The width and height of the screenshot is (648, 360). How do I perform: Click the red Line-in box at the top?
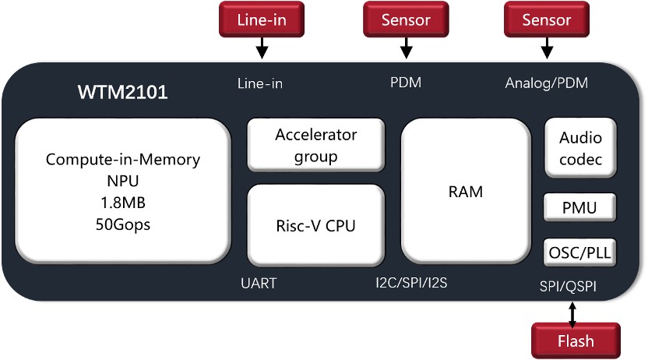pyautogui.click(x=262, y=19)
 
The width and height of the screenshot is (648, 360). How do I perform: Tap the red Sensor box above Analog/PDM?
pyautogui.click(x=547, y=19)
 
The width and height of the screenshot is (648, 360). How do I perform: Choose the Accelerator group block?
pyautogui.click(x=315, y=145)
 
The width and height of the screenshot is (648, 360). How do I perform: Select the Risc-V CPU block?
pyautogui.click(x=315, y=226)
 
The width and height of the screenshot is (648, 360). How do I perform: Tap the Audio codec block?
pyautogui.click(x=580, y=149)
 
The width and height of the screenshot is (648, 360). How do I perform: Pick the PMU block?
pyautogui.click(x=580, y=209)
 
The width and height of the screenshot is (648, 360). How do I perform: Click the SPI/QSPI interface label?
pyautogui.click(x=572, y=286)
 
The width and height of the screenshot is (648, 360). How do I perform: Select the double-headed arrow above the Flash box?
pyautogui.click(x=573, y=313)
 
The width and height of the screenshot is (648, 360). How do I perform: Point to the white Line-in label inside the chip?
pyautogui.click(x=259, y=83)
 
